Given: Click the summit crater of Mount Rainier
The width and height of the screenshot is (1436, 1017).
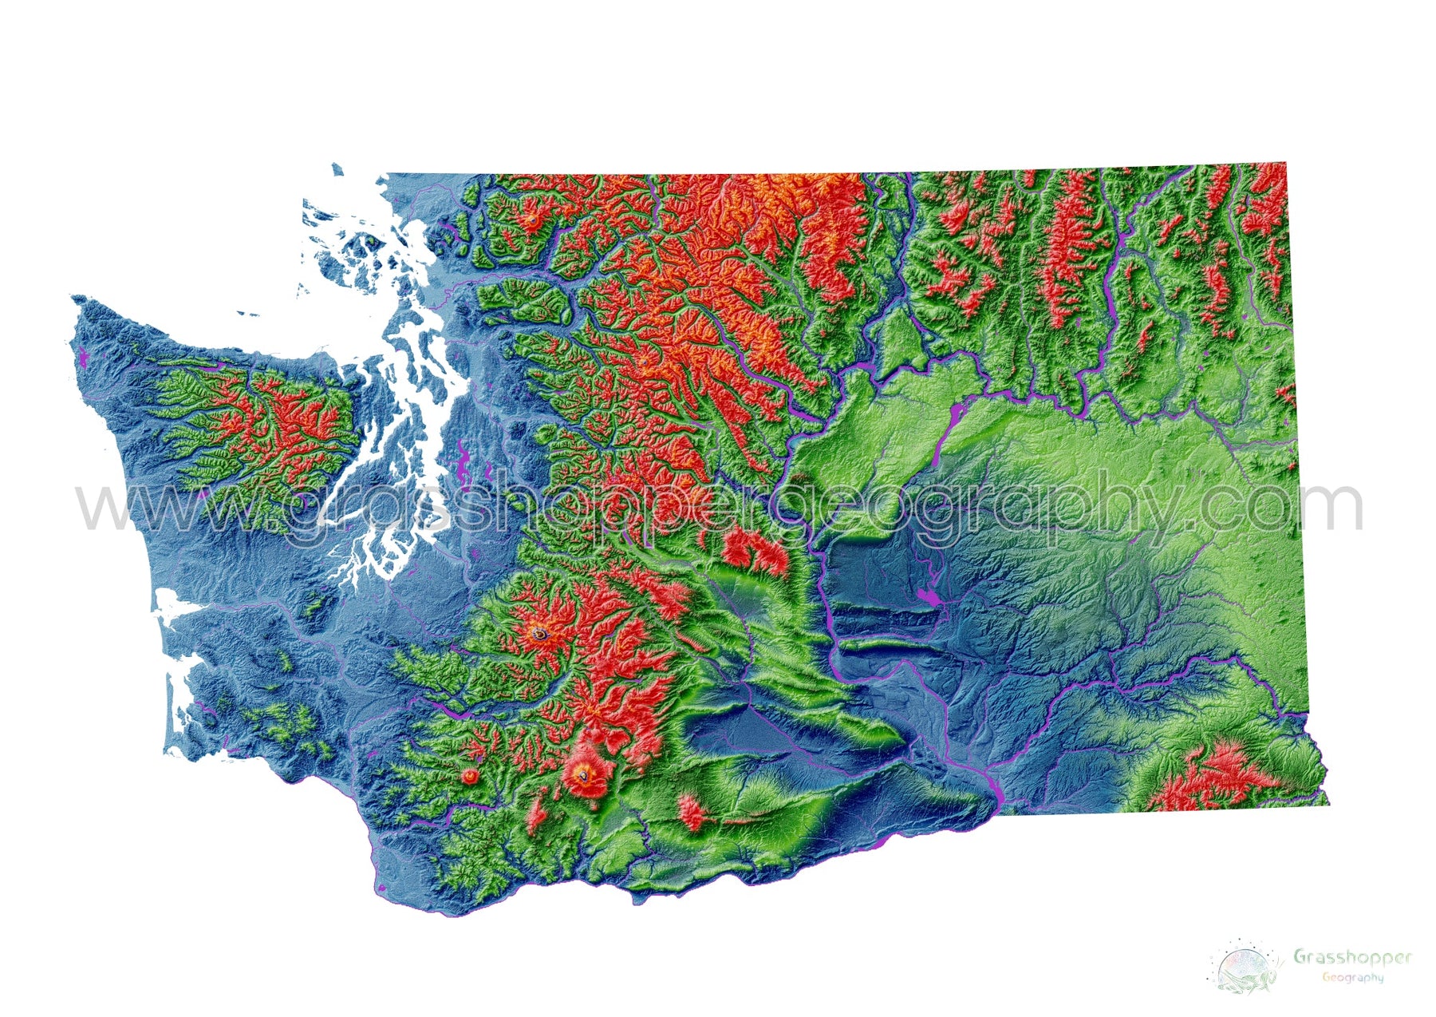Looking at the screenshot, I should coord(541,634).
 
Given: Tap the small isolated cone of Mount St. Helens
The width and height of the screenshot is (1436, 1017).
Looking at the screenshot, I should coord(470,775).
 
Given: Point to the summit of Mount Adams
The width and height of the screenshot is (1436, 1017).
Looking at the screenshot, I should coord(588,773).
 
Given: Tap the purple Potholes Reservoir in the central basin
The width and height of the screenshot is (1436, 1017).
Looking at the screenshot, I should coord(927,597).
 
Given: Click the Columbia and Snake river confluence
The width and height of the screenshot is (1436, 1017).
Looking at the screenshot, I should coord(994,790).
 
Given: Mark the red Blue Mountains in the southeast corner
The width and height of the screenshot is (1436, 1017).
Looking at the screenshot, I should coord(1205,778).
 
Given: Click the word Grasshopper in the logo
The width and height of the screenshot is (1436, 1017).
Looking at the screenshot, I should coord(1351,956).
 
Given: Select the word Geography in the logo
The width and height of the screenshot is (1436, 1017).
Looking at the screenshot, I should coord(1352,977).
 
